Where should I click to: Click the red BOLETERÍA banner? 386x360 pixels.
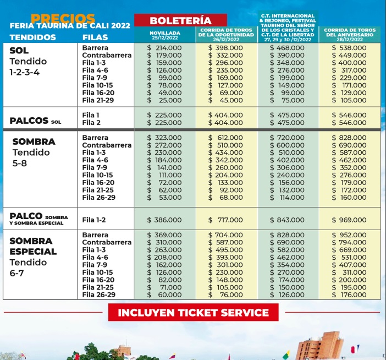pyautogui.click(x=188, y=20)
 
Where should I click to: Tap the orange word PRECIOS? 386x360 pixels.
pyautogui.click(x=63, y=18)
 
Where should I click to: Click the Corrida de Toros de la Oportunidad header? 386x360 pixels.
pyautogui.click(x=226, y=35)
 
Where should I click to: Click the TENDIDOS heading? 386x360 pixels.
pyautogui.click(x=32, y=37)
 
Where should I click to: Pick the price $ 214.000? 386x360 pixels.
pyautogui.click(x=164, y=48)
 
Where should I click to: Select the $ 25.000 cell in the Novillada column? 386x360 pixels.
pyautogui.click(x=164, y=100)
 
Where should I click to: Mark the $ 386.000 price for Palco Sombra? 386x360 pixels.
pyautogui.click(x=164, y=220)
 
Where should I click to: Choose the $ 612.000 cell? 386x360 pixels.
pyautogui.click(x=226, y=138)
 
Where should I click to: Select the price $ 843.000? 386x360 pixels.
pyautogui.click(x=288, y=220)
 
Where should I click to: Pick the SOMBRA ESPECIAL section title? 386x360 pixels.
pyautogui.click(x=33, y=246)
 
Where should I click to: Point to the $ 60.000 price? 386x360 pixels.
pyautogui.click(x=164, y=294)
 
